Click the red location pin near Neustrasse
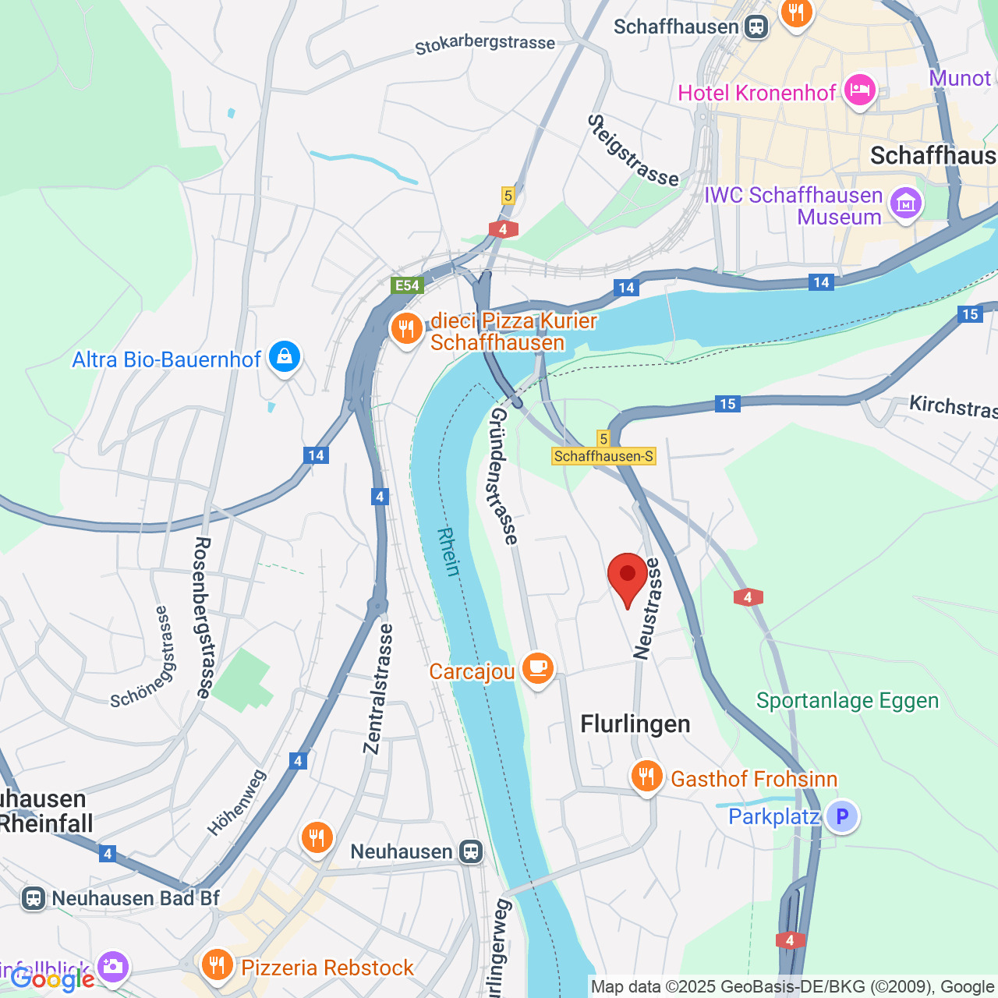tap(628, 575)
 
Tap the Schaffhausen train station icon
tap(756, 27)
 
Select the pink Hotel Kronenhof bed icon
tap(860, 90)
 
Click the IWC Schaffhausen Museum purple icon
tap(905, 204)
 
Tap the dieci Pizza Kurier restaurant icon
tap(406, 329)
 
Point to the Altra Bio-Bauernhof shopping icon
tap(284, 357)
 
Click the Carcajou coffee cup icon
tap(537, 669)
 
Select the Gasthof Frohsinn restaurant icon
tap(646, 777)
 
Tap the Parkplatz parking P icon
tap(842, 816)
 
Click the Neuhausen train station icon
tap(471, 851)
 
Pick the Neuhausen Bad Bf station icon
tap(33, 898)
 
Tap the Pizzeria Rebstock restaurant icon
tap(217, 966)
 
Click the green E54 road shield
tap(407, 285)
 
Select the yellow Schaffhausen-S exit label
tap(604, 456)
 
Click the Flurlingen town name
tap(635, 724)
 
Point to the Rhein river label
tap(448, 551)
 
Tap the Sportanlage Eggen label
tap(847, 700)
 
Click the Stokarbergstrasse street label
tap(485, 44)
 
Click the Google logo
tap(51, 979)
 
